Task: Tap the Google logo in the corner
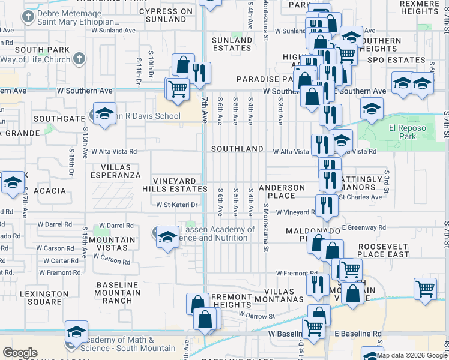[x=20, y=353]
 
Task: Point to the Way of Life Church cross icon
[x=79, y=59]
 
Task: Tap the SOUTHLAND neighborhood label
[x=237, y=148]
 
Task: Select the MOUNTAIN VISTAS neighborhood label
[x=116, y=244]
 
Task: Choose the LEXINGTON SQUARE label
[x=44, y=298]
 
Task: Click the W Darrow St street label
[x=256, y=314]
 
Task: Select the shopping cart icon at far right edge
[x=425, y=288]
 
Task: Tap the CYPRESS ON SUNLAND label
[x=166, y=15]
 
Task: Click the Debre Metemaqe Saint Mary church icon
[x=28, y=17]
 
